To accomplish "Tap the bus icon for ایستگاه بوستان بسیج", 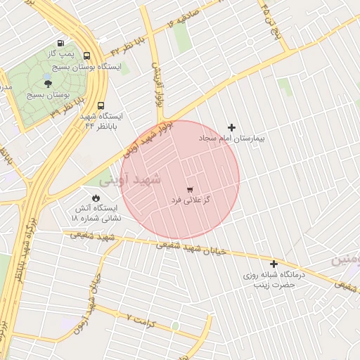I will pyautogui.click(x=86, y=56).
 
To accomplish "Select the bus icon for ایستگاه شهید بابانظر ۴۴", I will pyautogui.click(x=101, y=105).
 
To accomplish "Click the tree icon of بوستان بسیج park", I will pyautogui.click(x=48, y=84).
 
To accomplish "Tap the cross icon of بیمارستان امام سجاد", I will pyautogui.click(x=231, y=127).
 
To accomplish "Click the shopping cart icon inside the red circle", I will pyautogui.click(x=190, y=190).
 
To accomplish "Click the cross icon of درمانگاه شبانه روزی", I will pyautogui.click(x=274, y=264).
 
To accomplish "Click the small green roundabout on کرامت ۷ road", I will pyautogui.click(x=174, y=326).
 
